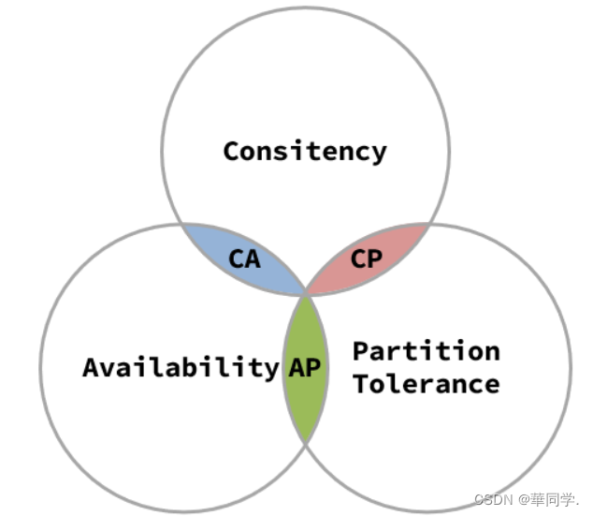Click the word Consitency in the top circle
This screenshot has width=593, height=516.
[304, 151]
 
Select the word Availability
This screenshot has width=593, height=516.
[181, 367]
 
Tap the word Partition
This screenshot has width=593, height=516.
[426, 351]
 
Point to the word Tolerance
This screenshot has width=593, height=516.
[426, 383]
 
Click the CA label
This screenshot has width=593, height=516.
[244, 258]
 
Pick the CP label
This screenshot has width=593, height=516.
[367, 258]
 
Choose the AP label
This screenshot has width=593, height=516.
[305, 367]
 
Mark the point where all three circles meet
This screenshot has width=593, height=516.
[306, 294]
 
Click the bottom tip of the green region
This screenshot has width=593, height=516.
[306, 441]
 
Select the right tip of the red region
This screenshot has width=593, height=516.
[429, 225]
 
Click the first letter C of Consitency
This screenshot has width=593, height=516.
[231, 151]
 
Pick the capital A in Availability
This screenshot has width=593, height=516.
[91, 367]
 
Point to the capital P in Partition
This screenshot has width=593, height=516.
[360, 351]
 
